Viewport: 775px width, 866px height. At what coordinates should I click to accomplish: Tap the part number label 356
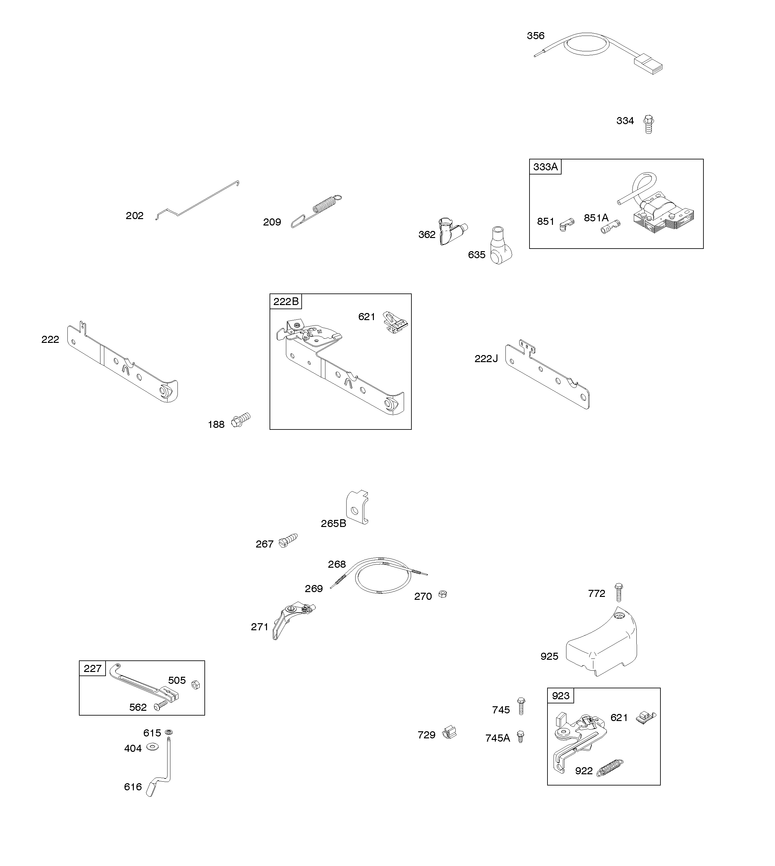[535, 36]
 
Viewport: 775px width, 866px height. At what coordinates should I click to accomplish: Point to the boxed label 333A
[545, 167]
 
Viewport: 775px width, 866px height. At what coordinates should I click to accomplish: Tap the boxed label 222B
[286, 302]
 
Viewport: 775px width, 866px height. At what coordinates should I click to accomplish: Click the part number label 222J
[486, 359]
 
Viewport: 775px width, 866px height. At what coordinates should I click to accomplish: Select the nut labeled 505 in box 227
[195, 685]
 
